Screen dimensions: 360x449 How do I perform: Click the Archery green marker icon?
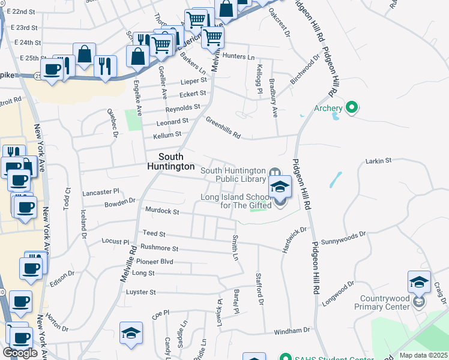tap(352, 108)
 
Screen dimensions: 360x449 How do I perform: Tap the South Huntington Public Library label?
tap(233, 175)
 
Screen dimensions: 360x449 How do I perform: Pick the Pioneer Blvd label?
tap(154, 262)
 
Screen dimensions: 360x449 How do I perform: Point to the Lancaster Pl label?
tap(101, 192)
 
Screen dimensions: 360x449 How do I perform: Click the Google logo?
tap(20, 353)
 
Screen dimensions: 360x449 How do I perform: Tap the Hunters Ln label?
tap(238, 56)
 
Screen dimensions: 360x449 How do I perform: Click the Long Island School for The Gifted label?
tap(234, 201)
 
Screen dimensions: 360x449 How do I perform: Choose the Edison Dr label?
tap(62, 278)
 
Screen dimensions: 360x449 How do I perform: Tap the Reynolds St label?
tap(183, 107)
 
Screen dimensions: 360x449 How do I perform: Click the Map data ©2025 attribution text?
tap(424, 355)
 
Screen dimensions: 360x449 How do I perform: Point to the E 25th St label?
tap(24, 58)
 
